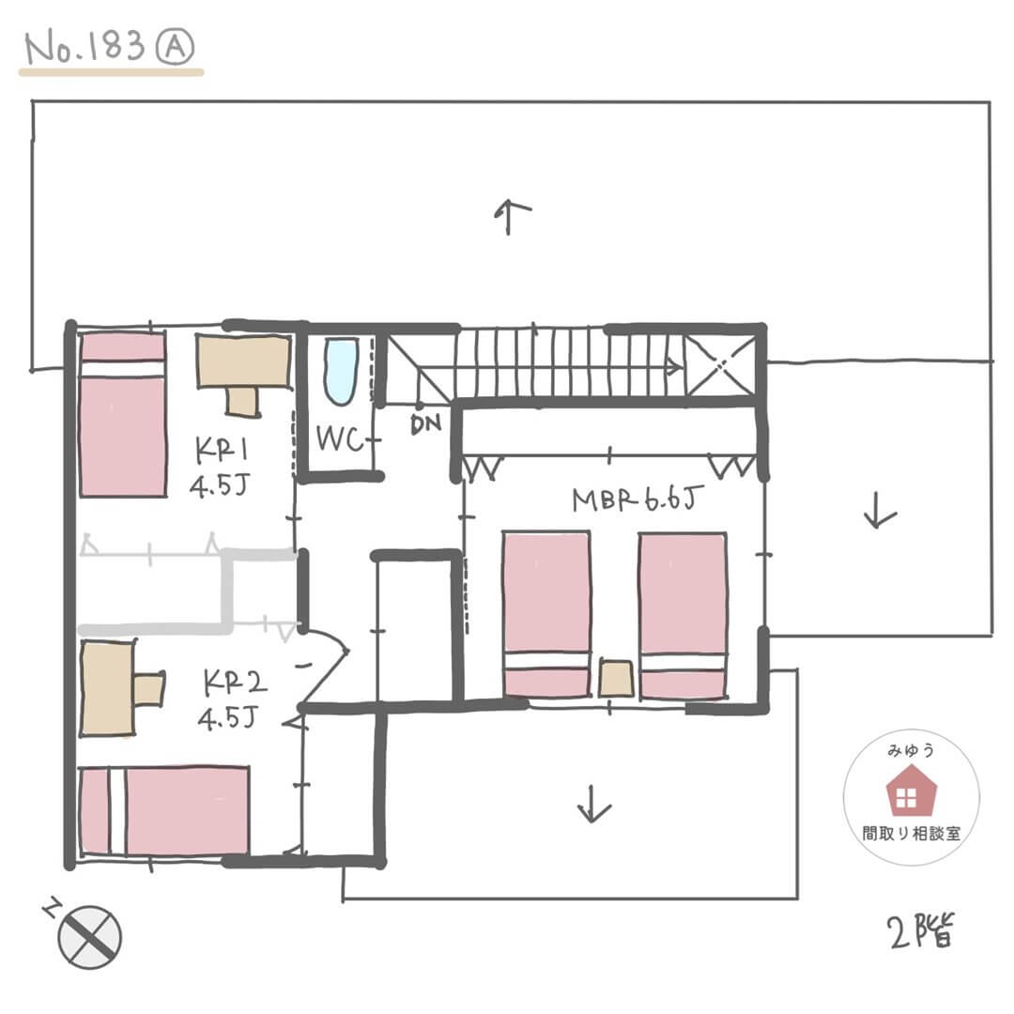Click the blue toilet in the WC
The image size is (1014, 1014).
coord(341,371)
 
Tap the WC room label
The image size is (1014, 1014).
coord(340,439)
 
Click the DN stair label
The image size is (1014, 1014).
coord(425,424)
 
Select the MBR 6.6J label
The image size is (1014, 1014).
coord(637,499)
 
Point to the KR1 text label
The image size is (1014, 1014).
coord(222,450)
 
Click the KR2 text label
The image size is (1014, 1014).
coord(234,683)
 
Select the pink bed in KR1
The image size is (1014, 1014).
coord(123,415)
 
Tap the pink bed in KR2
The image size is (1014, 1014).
coord(164,811)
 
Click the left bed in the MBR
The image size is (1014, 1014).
coord(546,614)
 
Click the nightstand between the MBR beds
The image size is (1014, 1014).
coord(616,679)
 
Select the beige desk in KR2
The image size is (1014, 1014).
coord(121,688)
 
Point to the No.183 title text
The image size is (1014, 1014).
coord(84,46)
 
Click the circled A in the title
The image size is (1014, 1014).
coord(175,47)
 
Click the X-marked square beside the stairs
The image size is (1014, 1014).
coord(720,364)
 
